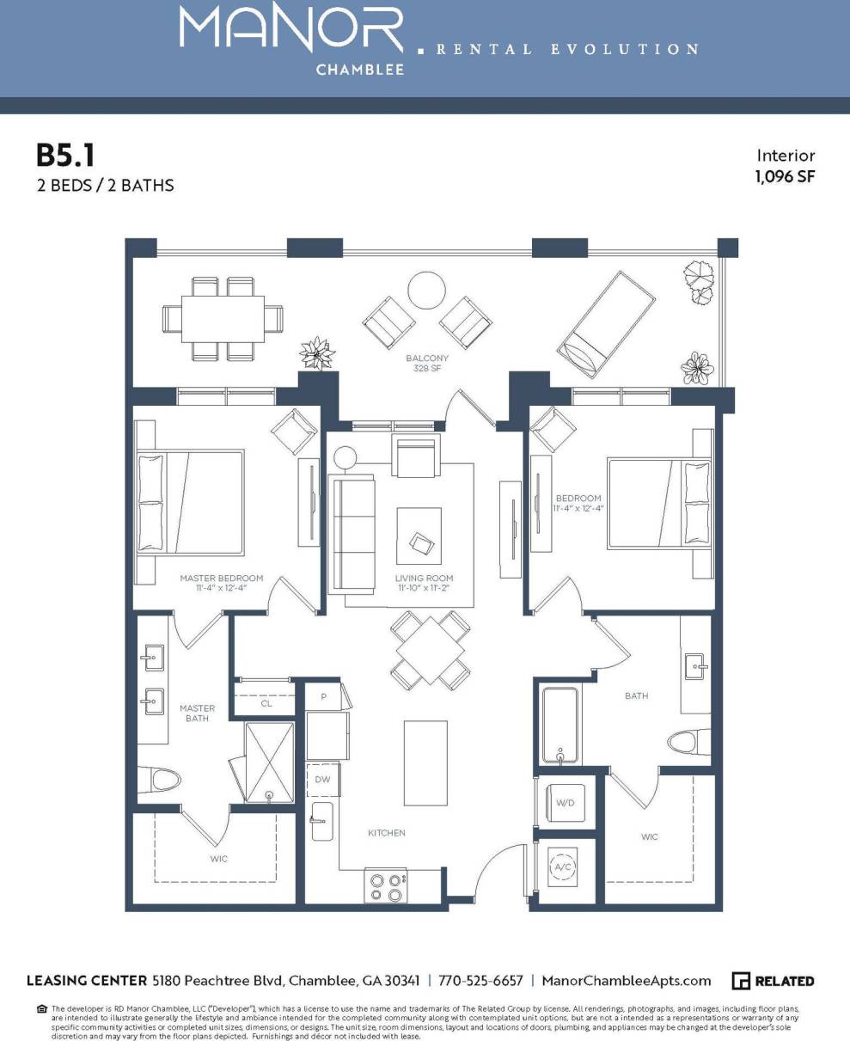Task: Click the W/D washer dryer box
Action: pyautogui.click(x=566, y=803)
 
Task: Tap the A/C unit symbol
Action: pyautogui.click(x=563, y=867)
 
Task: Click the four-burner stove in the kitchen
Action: pyautogui.click(x=386, y=886)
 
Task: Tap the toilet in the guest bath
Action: pyautogui.click(x=691, y=742)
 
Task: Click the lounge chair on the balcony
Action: pyautogui.click(x=606, y=325)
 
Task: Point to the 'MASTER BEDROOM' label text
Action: pyautogui.click(x=221, y=579)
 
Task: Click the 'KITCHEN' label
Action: pyautogui.click(x=386, y=833)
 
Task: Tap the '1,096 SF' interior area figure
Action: pyautogui.click(x=784, y=177)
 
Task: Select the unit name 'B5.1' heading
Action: pyautogui.click(x=64, y=156)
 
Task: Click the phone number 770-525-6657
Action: pyautogui.click(x=480, y=981)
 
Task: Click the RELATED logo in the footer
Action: pyautogui.click(x=773, y=981)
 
